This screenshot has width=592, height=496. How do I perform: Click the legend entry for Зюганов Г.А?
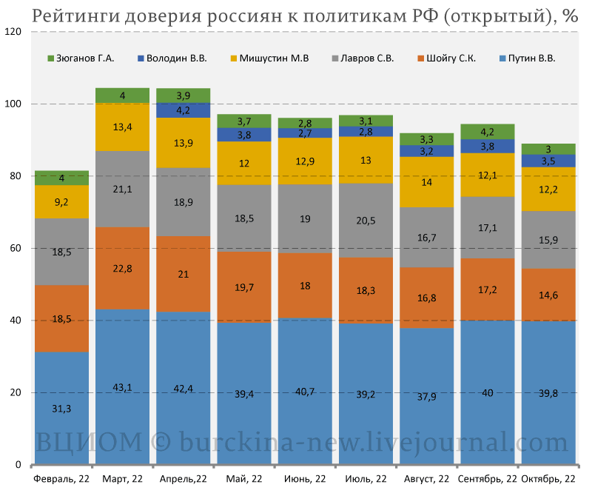coord(86,58)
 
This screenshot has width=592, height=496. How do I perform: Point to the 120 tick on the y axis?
coord(13,32)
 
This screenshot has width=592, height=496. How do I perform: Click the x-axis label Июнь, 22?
coord(304,479)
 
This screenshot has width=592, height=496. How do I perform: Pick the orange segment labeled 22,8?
coord(122,268)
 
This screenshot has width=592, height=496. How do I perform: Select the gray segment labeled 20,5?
coord(365,221)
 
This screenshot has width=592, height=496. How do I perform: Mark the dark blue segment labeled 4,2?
coord(183,110)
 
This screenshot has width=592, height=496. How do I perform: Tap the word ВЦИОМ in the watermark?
coord(89,443)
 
